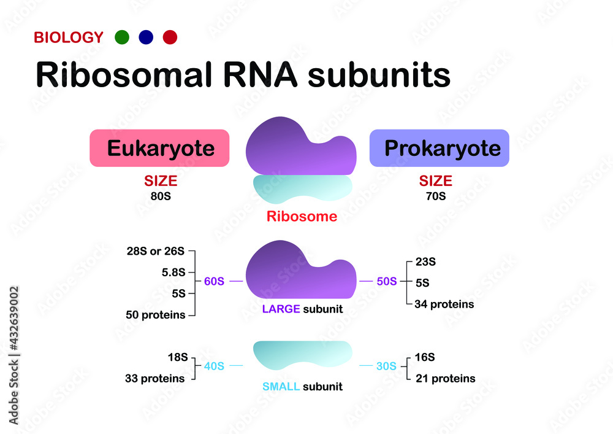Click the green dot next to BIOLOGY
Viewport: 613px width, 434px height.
point(122,37)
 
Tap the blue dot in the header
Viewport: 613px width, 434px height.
point(146,37)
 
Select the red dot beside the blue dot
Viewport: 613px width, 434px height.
point(170,37)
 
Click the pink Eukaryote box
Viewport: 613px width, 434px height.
point(160,149)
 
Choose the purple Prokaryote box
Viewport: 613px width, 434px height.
point(439,149)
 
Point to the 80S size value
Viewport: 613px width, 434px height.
point(161,197)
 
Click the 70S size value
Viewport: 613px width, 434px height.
point(435,197)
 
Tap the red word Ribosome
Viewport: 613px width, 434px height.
point(302,217)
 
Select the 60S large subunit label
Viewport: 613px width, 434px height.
point(214,282)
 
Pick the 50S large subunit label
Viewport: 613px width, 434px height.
point(386,282)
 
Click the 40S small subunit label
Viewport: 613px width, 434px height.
point(214,366)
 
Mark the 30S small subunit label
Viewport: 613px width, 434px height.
point(386,366)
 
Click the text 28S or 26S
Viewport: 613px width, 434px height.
point(156,251)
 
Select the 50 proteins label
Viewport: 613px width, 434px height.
point(154,315)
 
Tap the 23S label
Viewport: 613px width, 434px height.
point(425,262)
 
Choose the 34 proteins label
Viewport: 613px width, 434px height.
point(444,304)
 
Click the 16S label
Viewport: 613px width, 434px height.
point(425,357)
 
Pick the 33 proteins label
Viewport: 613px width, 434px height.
point(154,379)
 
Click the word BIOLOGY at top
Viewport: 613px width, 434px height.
point(69,37)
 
